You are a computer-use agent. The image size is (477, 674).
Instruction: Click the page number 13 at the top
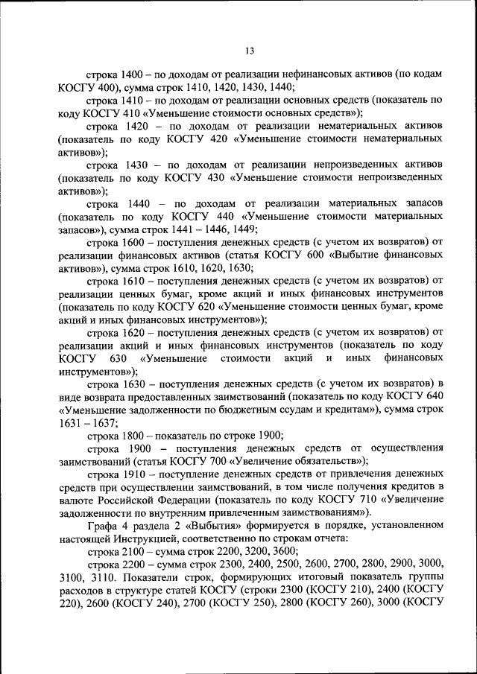(x=249, y=51)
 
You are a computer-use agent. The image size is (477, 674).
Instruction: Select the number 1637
(x=102, y=422)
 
